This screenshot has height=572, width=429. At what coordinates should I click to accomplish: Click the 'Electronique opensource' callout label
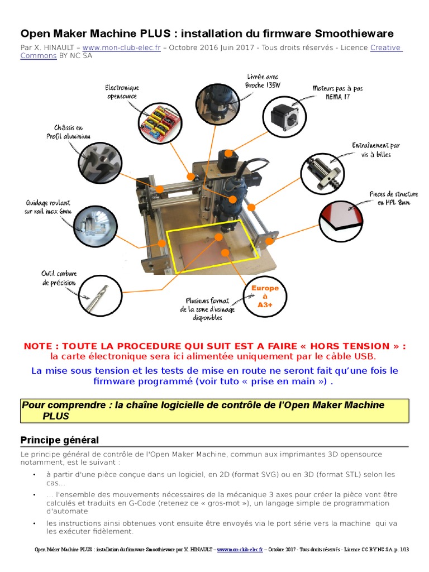pyautogui.click(x=122, y=92)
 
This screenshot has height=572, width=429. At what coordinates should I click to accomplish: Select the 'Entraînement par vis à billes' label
pyautogui.click(x=375, y=150)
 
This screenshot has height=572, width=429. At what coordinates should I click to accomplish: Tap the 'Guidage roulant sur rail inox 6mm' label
pyautogui.click(x=49, y=207)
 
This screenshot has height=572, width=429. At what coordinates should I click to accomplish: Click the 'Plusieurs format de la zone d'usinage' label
pyautogui.click(x=208, y=309)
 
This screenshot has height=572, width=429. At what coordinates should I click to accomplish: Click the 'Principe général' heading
pyautogui.click(x=59, y=440)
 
